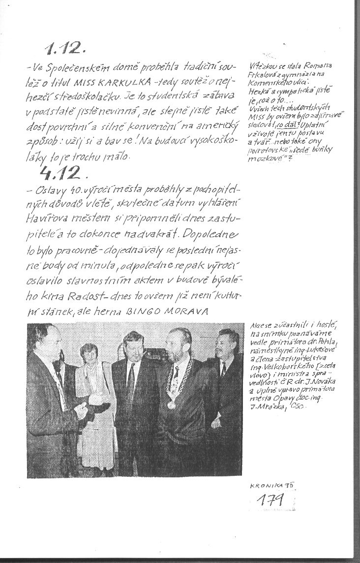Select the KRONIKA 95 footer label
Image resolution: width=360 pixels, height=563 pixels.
click(x=271, y=484)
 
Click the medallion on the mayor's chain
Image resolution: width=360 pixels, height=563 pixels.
click(x=171, y=405)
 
